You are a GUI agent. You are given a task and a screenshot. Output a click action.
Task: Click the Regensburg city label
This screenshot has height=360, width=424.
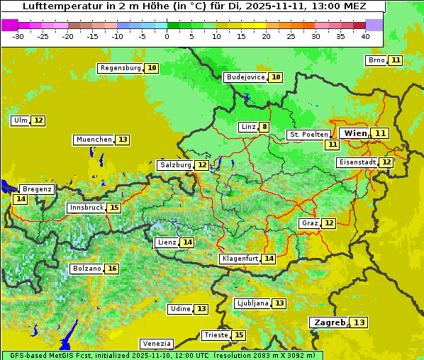[120, 68]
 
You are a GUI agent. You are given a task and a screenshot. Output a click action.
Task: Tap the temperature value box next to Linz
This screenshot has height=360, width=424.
[264, 128]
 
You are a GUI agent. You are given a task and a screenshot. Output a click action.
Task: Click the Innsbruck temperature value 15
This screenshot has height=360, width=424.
[113, 208]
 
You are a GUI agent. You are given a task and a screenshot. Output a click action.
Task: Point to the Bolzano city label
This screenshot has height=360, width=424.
[87, 269]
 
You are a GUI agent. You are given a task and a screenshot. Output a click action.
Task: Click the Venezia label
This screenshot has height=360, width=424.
[155, 343]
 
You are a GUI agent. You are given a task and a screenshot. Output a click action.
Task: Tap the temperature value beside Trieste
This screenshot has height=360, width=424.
[239, 335]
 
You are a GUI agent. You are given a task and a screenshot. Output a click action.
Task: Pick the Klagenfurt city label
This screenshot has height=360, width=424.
[239, 259]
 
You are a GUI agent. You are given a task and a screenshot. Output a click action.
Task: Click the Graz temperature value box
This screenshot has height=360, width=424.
[328, 223]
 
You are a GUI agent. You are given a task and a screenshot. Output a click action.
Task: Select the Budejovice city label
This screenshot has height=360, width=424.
[245, 77]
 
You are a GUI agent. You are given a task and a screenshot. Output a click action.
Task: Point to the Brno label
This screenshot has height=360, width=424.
[376, 60]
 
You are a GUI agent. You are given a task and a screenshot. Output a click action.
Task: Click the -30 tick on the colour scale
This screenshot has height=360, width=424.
[18, 36]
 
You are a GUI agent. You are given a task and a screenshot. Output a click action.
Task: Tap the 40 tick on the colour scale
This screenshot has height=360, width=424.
[365, 36]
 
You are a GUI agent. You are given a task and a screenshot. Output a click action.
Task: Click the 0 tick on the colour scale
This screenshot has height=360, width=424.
[167, 36]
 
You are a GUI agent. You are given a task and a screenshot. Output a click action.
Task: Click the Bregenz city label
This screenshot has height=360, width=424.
[36, 189]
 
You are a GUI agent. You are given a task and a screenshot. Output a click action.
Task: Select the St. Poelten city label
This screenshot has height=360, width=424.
[308, 134]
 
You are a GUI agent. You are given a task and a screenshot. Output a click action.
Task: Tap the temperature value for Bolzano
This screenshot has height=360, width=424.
[111, 269]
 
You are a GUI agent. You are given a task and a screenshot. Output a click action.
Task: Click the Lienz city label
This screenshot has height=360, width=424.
[167, 242]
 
